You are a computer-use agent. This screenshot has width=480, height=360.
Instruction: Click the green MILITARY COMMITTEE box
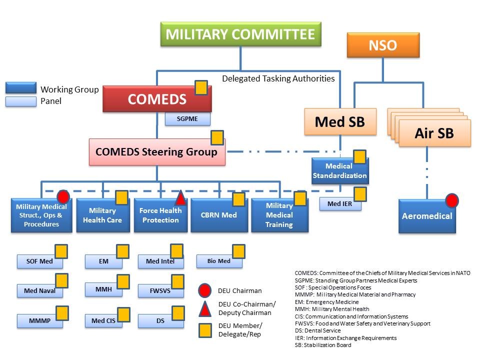point(240,34)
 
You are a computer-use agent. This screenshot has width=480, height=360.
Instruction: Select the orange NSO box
point(382,45)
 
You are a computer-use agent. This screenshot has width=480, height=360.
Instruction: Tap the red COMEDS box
point(157,99)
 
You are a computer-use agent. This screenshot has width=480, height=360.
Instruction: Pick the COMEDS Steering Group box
point(157,152)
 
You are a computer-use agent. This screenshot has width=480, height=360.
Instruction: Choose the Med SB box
point(340,121)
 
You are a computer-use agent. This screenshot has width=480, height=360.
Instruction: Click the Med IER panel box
point(340,204)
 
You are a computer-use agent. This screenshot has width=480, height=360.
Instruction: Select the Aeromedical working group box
point(427,216)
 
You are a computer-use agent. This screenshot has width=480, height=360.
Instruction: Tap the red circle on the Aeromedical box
point(452,201)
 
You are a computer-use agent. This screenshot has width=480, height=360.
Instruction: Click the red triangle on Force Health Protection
point(180,199)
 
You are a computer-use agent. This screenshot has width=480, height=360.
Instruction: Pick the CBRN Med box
point(219,215)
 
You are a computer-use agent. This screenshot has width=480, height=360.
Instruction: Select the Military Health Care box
point(102,215)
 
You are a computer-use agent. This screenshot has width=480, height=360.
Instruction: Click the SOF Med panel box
point(39,261)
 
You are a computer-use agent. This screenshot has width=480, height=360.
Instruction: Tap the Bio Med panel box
point(218,261)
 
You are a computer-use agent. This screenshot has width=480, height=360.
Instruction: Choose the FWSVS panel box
point(160,290)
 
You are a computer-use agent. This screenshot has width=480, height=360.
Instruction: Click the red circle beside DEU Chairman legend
point(204,290)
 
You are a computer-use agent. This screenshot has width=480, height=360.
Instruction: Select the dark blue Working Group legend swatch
point(21,88)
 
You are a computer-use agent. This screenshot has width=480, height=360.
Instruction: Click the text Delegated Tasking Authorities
point(278,78)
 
